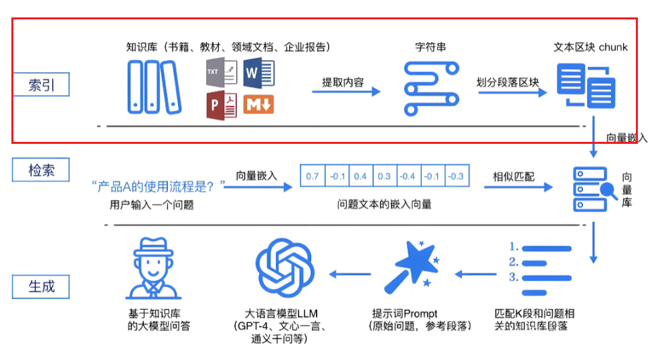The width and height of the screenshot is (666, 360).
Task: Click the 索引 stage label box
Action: [41, 85]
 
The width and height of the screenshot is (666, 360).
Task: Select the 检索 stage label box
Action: [41, 170]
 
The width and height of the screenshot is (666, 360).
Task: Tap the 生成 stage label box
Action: [41, 286]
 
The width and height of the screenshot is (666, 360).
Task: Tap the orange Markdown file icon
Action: [258, 104]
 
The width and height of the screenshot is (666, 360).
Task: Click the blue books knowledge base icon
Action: [153, 86]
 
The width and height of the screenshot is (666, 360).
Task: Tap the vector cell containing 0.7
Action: [313, 176]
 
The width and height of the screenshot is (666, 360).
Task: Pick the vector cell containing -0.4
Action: [407, 176]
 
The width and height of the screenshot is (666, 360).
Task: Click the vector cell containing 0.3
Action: [384, 176]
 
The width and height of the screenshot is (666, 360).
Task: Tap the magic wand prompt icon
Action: [412, 270]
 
